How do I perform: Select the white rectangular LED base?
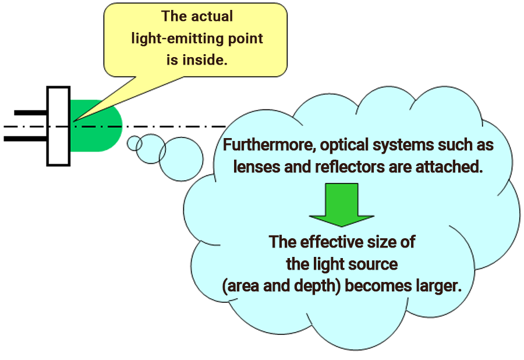pyautogui.click(x=59, y=126)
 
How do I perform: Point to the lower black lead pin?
pyautogui.click(x=26, y=139)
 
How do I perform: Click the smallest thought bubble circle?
pyautogui.click(x=134, y=143)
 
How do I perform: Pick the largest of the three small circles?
pyautogui.click(x=181, y=160)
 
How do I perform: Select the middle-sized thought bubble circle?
pyautogui.click(x=151, y=149)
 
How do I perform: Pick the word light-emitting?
pyautogui.click(x=186, y=38)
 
